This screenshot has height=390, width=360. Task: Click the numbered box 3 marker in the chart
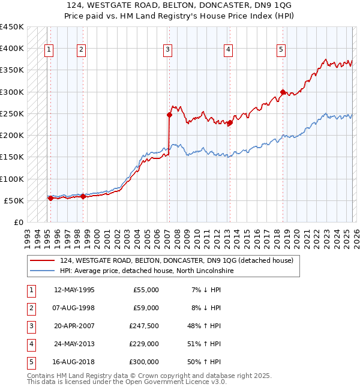click(x=168, y=50)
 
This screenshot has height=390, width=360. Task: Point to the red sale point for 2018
click(x=283, y=92)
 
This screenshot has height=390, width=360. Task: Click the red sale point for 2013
click(x=230, y=122)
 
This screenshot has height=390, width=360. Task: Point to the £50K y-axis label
click(x=14, y=200)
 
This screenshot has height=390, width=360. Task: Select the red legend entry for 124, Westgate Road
click(x=176, y=260)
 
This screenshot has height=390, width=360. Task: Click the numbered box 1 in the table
click(x=31, y=290)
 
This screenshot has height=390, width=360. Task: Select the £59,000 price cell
click(x=145, y=308)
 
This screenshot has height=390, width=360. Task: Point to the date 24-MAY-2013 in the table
click(x=74, y=344)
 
